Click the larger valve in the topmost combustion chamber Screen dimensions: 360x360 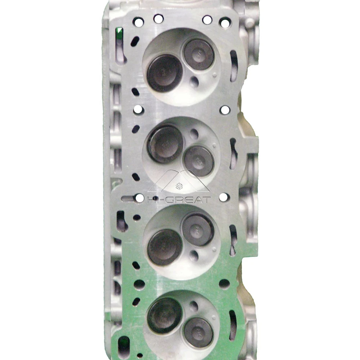coord(165,73)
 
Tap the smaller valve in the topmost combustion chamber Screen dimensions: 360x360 coord(199,54)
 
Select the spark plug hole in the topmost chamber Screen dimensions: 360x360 coord(194,82)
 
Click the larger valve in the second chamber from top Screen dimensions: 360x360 coord(165,144)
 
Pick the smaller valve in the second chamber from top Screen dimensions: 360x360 coord(199,161)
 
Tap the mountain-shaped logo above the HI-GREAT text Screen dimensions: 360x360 coord(179,182)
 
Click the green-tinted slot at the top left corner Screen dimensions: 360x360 coord(120,36)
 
